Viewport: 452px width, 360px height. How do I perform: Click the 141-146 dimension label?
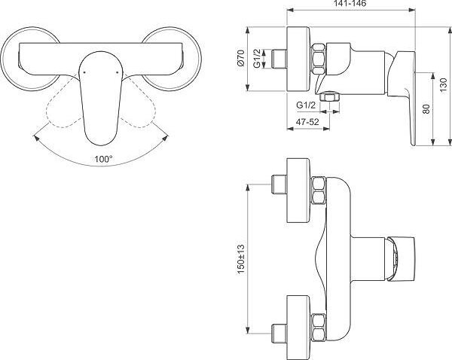pos(350,4)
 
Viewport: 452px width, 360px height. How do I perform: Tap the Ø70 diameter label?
pos(241,58)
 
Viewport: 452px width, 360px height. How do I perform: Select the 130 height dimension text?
pos(444,85)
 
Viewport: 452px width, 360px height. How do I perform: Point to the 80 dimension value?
pos(426,108)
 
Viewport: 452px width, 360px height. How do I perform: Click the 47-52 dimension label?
pos(307,122)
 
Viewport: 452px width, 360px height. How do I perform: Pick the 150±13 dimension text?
pos(241,259)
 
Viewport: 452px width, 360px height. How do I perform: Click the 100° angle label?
pos(103,159)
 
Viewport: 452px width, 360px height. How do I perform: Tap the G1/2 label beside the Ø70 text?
pos(257,59)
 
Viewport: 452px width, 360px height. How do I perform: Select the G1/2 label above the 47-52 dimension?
pos(306,105)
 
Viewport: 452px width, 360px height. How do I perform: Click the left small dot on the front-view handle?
pos(84,72)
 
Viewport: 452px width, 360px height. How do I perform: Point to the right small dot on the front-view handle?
pos(117,72)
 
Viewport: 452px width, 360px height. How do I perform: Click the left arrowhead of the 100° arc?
pos(36,138)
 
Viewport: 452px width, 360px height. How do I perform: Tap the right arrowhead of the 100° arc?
pos(165,138)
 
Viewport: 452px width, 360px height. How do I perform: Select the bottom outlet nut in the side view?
pos(329,96)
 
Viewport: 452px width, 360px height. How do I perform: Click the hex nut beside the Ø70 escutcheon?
pos(319,59)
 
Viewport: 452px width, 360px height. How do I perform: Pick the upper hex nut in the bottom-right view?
pos(319,191)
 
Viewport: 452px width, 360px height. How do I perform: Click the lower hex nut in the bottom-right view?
pos(319,328)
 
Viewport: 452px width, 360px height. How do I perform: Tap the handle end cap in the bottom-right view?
pos(402,258)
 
